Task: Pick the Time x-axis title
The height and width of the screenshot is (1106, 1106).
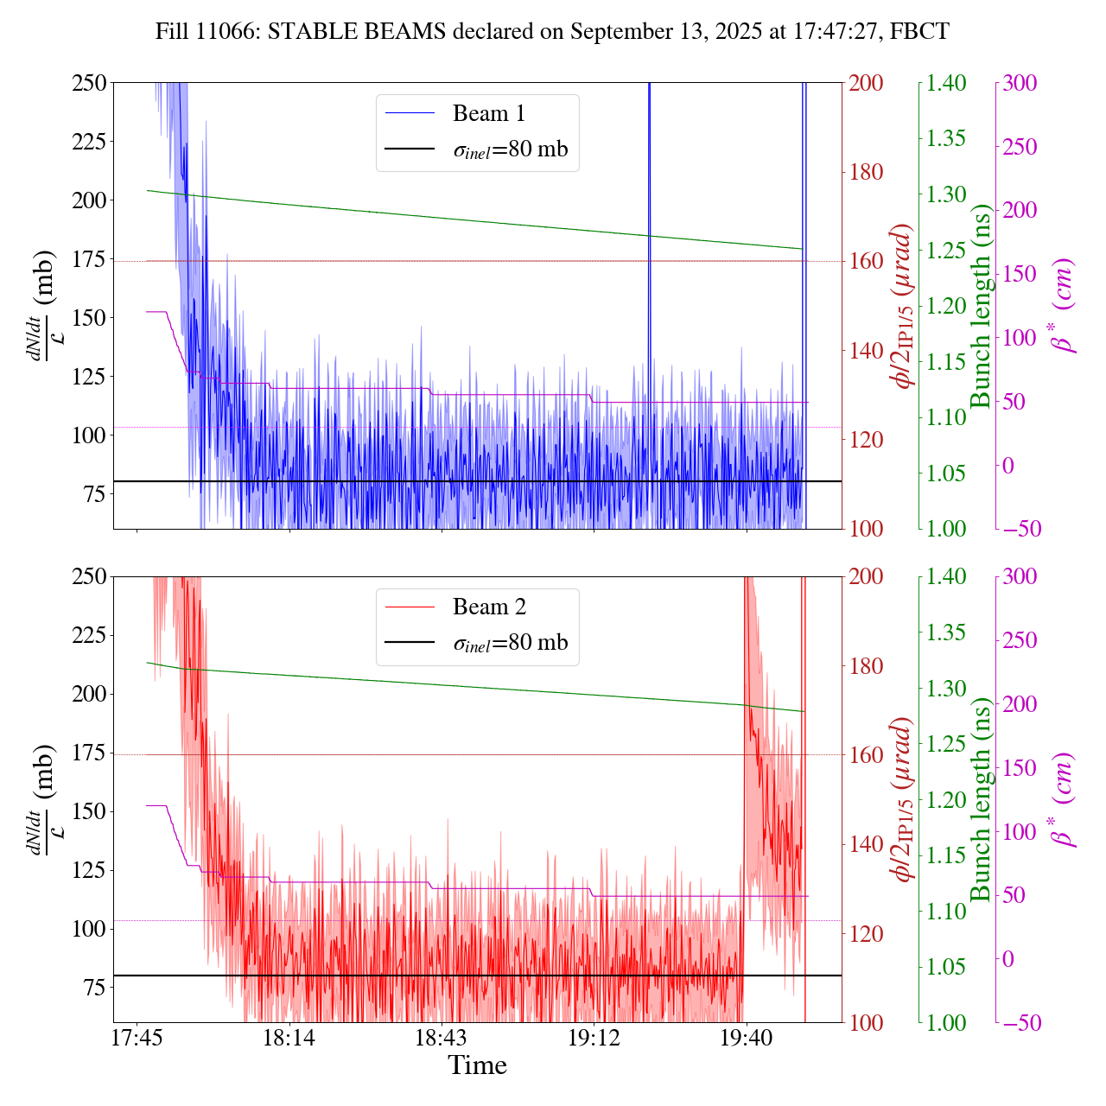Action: pyautogui.click(x=477, y=1065)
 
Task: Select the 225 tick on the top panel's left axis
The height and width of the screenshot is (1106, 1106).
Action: pyautogui.click(x=90, y=141)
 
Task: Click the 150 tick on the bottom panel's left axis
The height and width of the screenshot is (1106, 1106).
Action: pyautogui.click(x=90, y=811)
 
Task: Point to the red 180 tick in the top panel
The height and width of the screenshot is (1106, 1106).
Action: pyautogui.click(x=866, y=172)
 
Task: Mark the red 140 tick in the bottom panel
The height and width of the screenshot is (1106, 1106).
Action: pyautogui.click(x=866, y=844)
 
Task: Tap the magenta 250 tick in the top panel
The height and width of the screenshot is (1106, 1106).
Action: pyautogui.click(x=1020, y=147)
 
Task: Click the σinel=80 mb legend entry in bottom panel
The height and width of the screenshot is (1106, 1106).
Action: pyautogui.click(x=511, y=643)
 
